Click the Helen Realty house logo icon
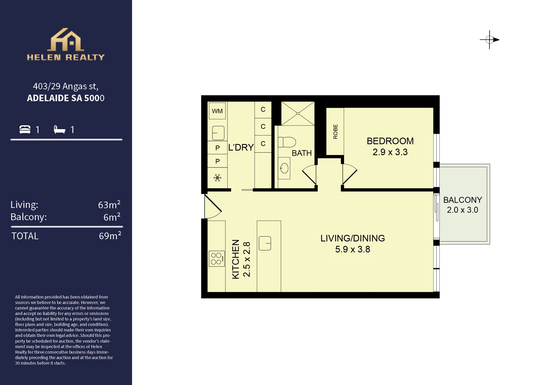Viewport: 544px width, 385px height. [x=66, y=40]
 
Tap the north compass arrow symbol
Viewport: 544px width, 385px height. [x=490, y=40]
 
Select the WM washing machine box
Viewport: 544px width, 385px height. [x=217, y=111]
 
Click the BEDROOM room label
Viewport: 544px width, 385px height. [x=390, y=141]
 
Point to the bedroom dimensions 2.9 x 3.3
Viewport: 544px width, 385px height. [x=390, y=152]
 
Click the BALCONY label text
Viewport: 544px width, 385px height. [x=462, y=200]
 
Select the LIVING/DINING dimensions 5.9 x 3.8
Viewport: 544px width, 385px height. [x=352, y=249]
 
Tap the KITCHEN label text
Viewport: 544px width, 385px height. [x=236, y=259]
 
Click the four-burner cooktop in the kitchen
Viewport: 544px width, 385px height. [x=216, y=259]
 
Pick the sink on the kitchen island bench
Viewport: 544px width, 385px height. [x=265, y=243]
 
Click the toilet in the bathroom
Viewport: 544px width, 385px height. [x=287, y=142]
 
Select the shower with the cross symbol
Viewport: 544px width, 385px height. [x=298, y=114]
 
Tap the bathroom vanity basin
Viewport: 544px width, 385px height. [x=284, y=168]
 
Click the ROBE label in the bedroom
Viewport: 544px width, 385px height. [x=335, y=132]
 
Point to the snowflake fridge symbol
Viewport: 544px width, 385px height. [x=217, y=178]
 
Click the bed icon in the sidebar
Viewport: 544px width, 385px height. [x=25, y=129]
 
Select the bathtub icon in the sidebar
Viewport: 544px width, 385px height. [x=59, y=129]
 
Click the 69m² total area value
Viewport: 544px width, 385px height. [x=110, y=236]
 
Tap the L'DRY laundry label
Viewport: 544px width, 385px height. [x=241, y=148]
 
